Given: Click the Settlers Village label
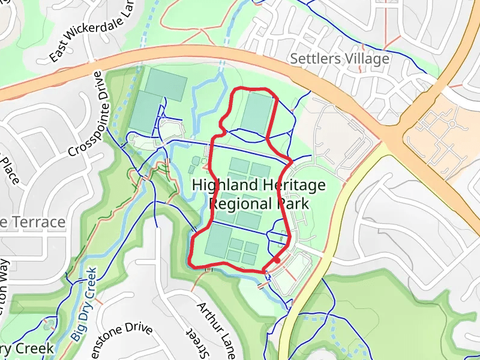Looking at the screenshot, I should tap(340, 59).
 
